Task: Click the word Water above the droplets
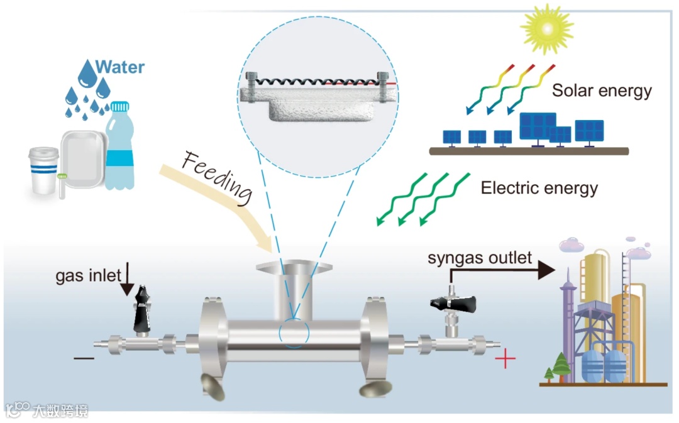[119, 67]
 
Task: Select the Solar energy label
[602, 91]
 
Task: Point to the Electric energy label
[539, 187]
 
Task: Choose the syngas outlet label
[480, 257]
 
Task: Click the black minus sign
[84, 359]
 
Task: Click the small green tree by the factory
[559, 366]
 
